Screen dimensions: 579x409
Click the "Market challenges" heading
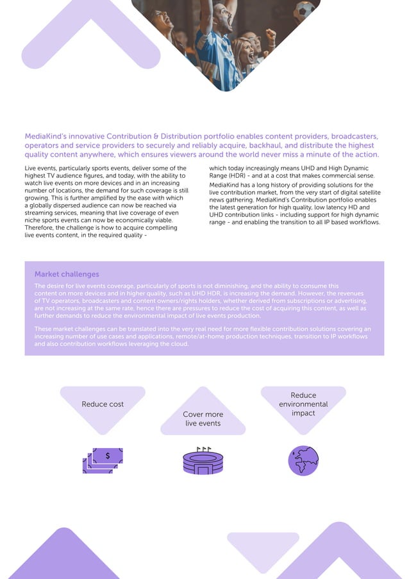[x=67, y=274]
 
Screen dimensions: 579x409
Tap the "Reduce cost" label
[x=103, y=404]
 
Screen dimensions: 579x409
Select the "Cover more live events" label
[x=203, y=419]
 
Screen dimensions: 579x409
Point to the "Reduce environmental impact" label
[x=303, y=404]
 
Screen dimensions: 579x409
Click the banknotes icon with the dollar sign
[x=103, y=460]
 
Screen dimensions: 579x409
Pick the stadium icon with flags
[x=203, y=462]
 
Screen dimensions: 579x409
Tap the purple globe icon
[x=303, y=460]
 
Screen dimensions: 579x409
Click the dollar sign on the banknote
[x=108, y=456]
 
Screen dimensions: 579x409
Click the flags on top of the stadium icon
[x=204, y=449]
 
